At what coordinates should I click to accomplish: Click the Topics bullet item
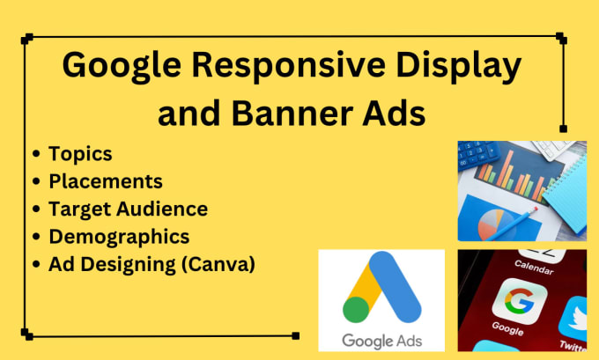(80, 153)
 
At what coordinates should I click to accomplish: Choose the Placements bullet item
(106, 181)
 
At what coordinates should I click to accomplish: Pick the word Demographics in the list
(119, 236)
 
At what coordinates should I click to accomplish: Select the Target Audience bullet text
(129, 209)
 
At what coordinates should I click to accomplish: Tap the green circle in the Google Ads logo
(355, 309)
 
